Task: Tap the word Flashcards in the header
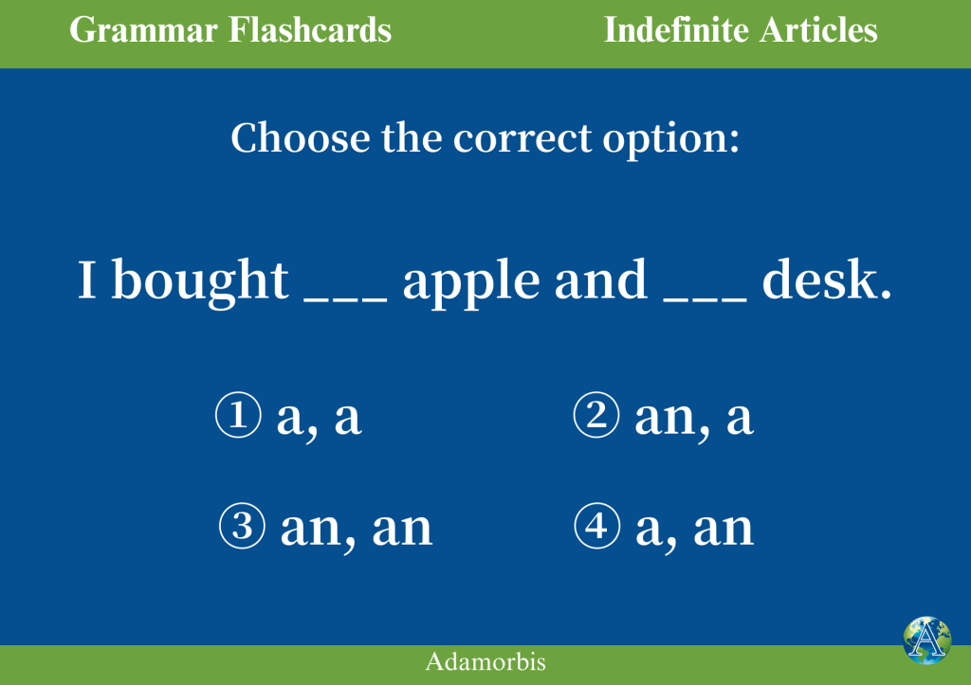point(310,29)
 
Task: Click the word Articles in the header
point(818,29)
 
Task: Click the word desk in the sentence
point(827,279)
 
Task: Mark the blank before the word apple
point(345,300)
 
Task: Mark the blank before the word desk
point(705,300)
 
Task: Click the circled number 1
point(238,415)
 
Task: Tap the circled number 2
point(596,415)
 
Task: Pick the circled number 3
point(242,526)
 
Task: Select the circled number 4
point(597,526)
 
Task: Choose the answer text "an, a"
point(694,419)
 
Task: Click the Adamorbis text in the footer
point(485,661)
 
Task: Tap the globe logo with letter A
point(926,640)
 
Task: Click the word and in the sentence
point(600,279)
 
